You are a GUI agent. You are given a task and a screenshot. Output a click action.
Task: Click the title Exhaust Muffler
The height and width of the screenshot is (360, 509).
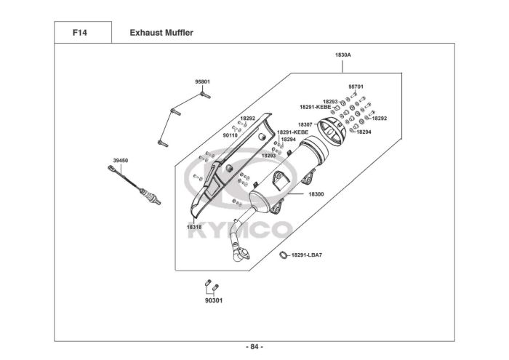click(x=161, y=33)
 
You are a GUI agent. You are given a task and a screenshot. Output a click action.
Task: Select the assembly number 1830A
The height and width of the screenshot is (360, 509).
click(x=343, y=55)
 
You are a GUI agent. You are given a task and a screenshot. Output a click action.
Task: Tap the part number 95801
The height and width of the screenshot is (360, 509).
click(x=202, y=82)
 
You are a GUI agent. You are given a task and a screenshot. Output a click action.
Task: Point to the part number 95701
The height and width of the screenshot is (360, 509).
click(x=356, y=87)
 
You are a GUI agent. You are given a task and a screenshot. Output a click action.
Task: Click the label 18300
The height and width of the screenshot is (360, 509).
click(x=316, y=194)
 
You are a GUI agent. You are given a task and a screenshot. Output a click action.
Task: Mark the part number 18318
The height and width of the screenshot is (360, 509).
click(x=194, y=227)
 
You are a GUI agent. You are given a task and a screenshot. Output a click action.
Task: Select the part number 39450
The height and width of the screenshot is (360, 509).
click(x=120, y=160)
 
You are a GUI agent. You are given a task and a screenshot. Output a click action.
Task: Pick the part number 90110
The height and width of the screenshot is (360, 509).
click(x=231, y=135)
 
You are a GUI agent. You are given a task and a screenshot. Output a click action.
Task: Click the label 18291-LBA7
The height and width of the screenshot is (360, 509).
click(x=306, y=255)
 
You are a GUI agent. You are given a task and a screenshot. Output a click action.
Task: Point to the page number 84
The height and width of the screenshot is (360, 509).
click(x=254, y=346)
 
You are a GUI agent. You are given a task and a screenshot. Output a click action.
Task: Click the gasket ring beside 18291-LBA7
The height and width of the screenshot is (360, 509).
click(x=284, y=255)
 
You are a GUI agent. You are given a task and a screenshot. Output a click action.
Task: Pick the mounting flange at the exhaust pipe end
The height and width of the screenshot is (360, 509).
click(x=242, y=253)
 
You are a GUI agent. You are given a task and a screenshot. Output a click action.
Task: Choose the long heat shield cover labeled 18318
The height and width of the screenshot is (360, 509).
click(x=218, y=171)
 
